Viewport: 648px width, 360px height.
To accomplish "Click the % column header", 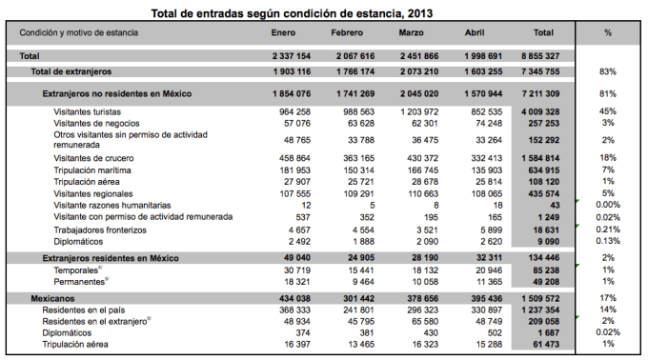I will [x=607, y=32].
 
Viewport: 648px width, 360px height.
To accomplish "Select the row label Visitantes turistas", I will [x=92, y=111].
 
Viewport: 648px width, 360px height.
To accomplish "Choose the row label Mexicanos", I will [x=51, y=298].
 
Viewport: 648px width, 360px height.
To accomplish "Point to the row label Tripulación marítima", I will [x=94, y=170].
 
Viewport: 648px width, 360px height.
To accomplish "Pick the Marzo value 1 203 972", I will [x=413, y=111].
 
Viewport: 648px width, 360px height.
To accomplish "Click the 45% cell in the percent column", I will [x=607, y=111].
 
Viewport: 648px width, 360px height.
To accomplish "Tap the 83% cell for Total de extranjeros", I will [x=607, y=71].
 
